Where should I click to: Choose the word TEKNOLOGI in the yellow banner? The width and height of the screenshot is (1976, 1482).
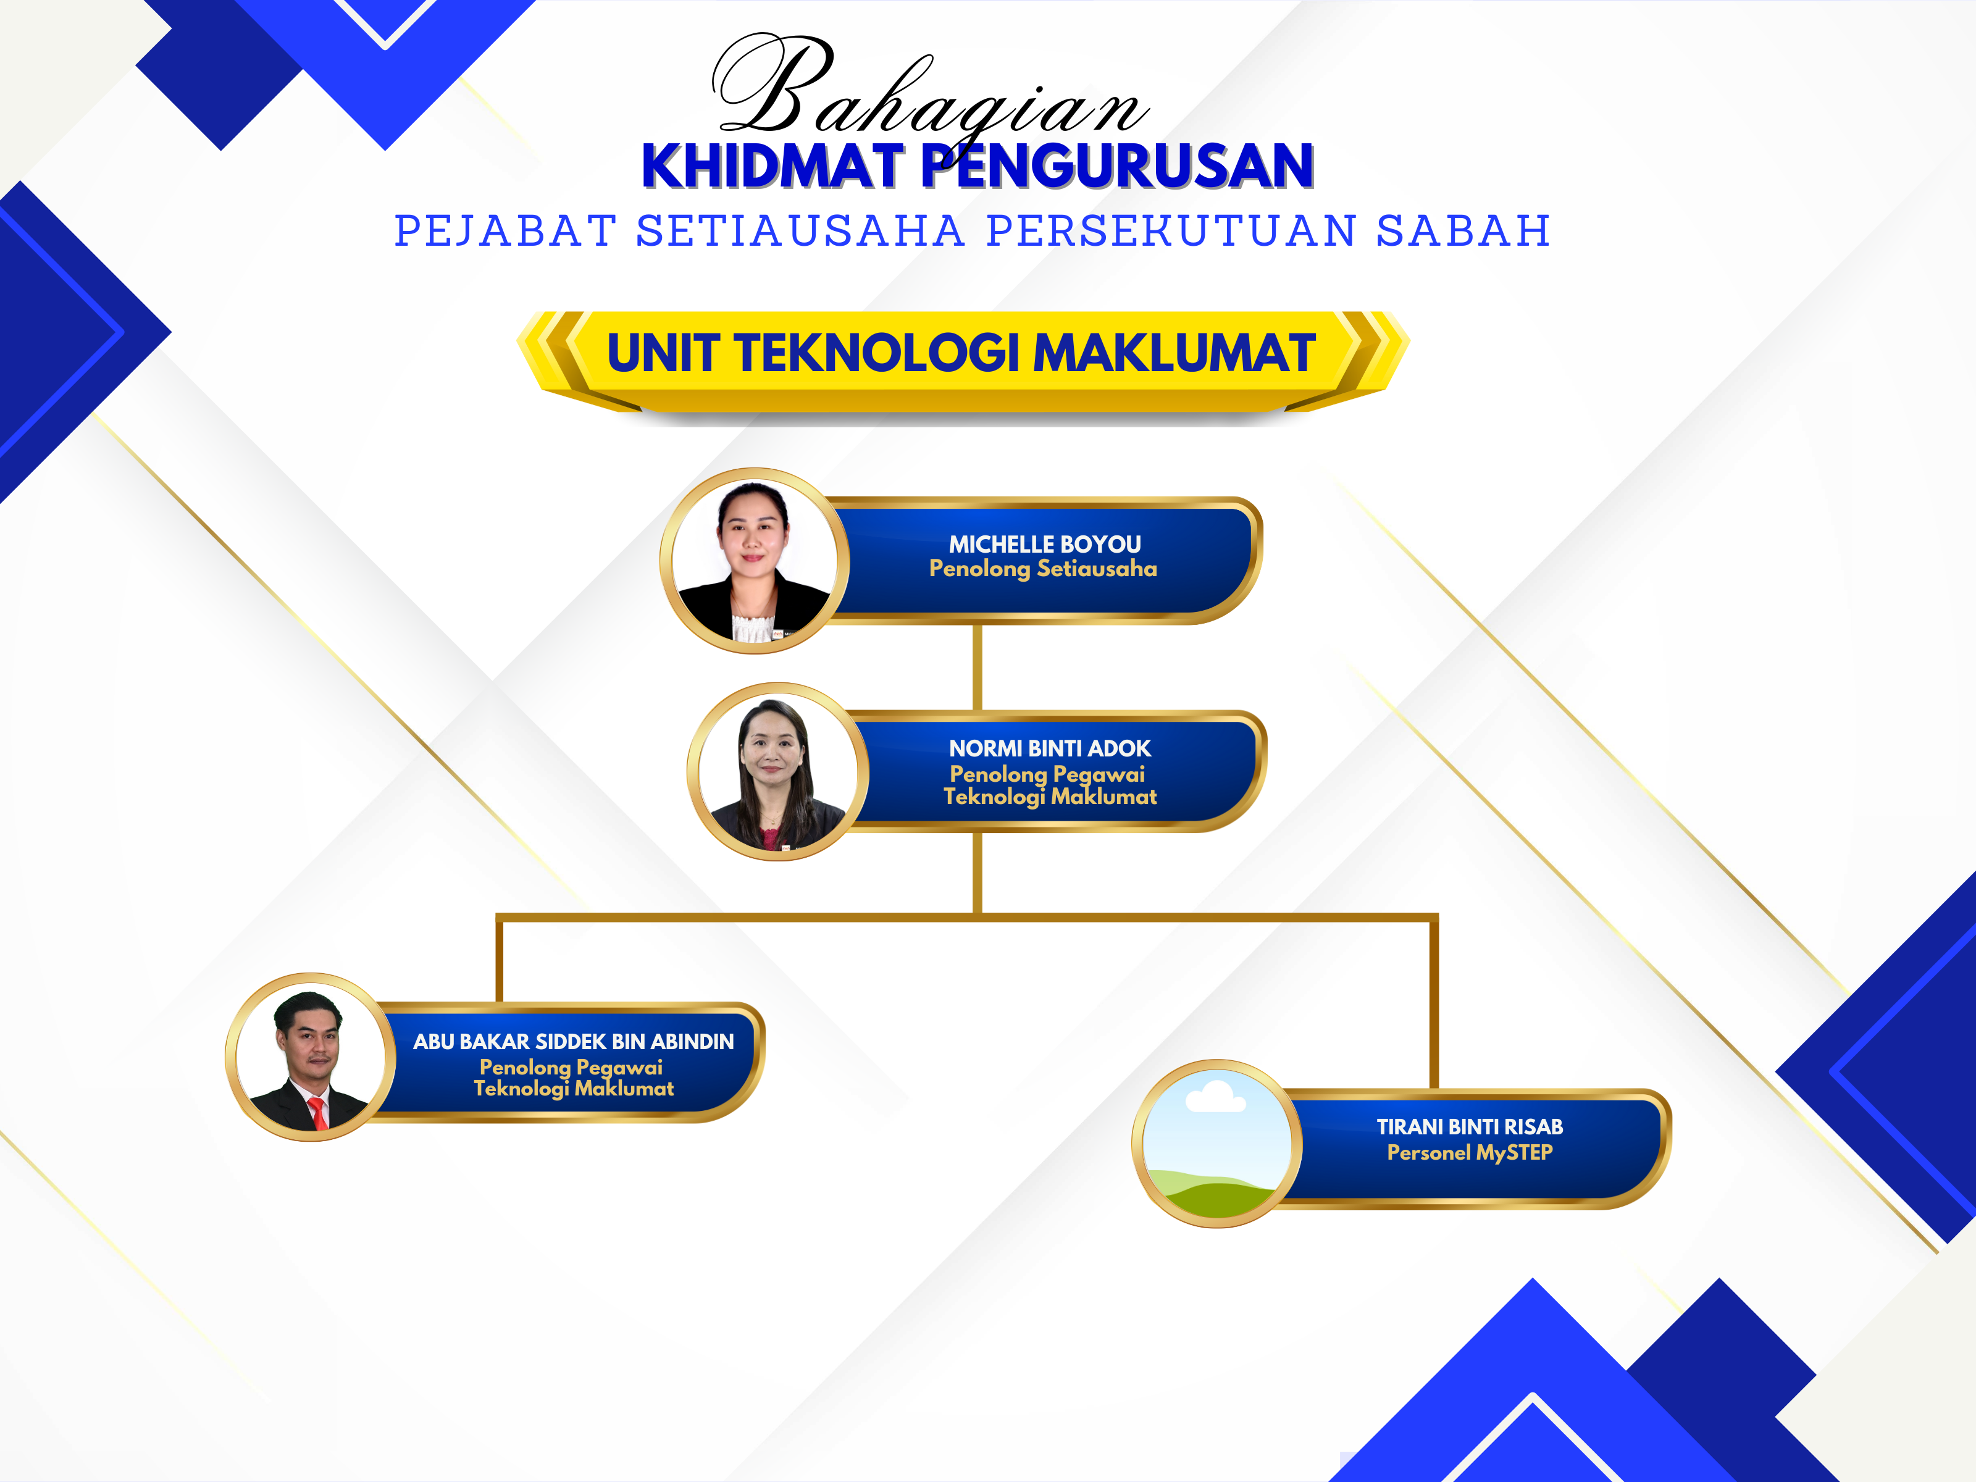click(877, 352)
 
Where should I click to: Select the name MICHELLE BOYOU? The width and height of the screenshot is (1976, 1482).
click(1044, 544)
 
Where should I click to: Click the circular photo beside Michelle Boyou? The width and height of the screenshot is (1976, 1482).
click(755, 560)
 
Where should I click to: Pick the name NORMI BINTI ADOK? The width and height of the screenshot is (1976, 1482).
click(1050, 748)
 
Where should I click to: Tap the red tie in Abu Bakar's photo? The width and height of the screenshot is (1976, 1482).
click(317, 1113)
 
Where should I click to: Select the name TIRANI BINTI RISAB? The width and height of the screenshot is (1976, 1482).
click(1470, 1128)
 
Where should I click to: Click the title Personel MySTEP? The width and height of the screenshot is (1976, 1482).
click(1470, 1152)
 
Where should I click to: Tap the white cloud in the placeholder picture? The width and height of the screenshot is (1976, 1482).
click(1215, 1097)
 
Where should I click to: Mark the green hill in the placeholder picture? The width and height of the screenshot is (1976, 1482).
click(1220, 1197)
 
